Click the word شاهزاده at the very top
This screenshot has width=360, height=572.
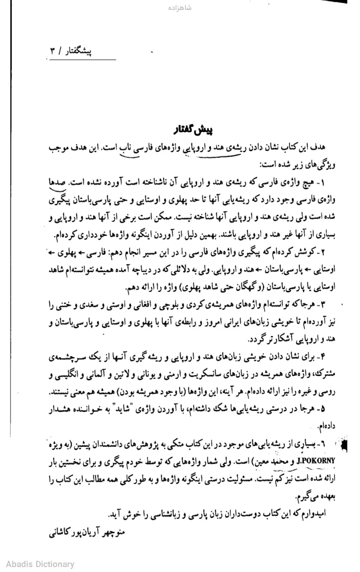point(180,8)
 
